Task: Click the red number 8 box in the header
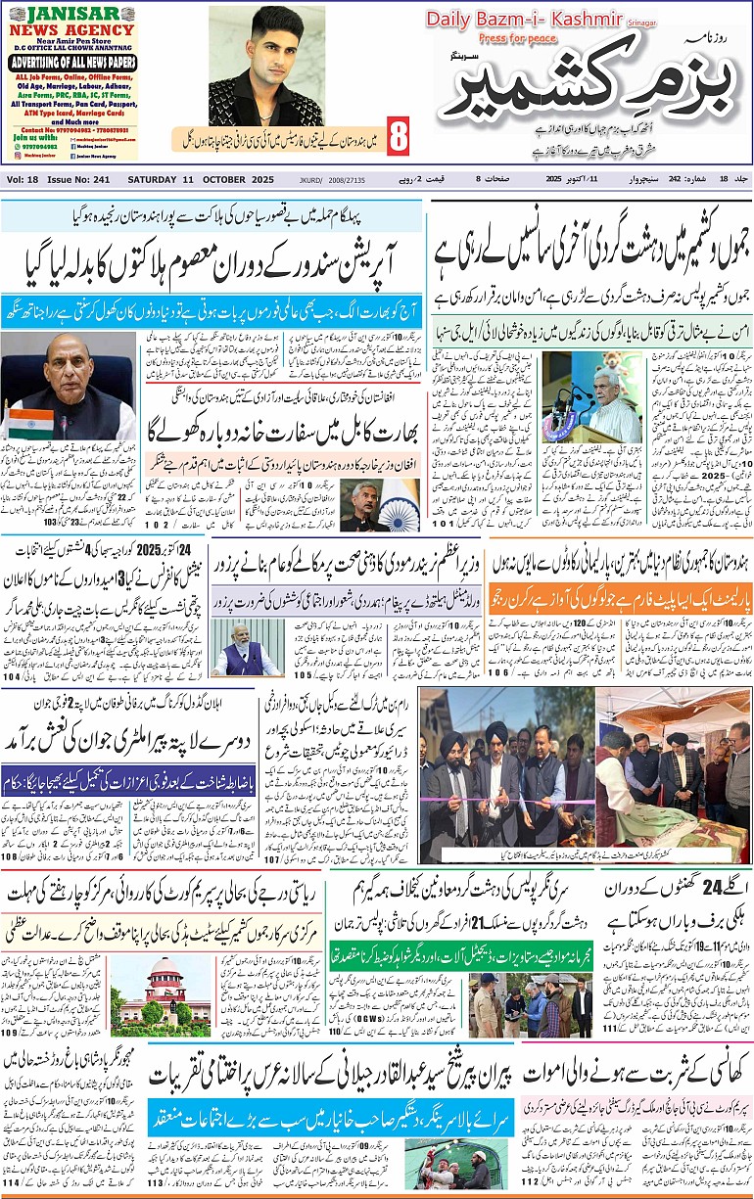point(398,138)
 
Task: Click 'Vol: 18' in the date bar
point(23,179)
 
